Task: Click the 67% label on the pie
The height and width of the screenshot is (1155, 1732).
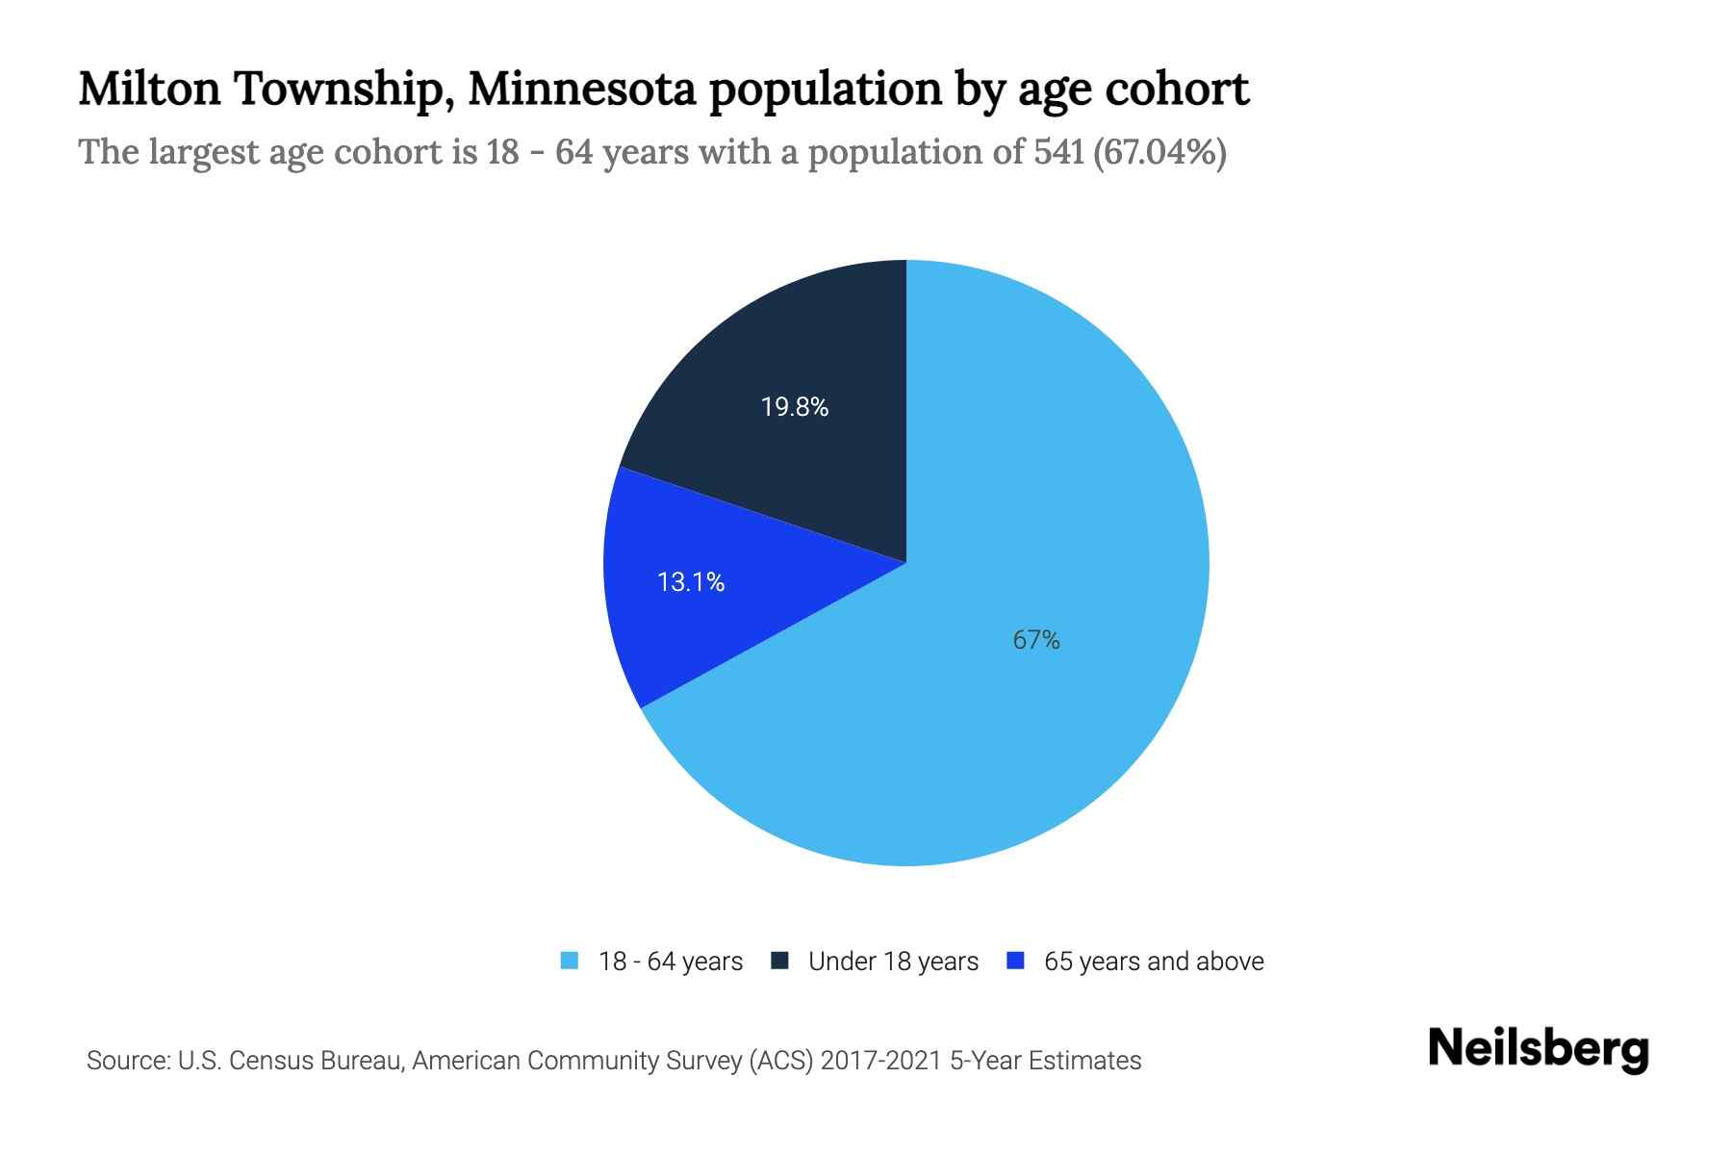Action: pos(1036,640)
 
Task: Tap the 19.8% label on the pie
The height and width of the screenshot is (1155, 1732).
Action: pos(794,407)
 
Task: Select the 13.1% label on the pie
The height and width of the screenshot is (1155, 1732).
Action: pos(690,581)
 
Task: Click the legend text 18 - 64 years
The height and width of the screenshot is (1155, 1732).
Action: pos(671,962)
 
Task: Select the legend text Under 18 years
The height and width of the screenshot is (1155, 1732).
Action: pos(893,962)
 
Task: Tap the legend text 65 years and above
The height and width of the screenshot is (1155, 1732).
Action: pos(1154,962)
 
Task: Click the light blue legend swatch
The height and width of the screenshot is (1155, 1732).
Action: pos(570,961)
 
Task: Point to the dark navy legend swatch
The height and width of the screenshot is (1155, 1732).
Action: pos(780,961)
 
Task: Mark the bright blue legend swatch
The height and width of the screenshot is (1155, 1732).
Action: pos(1015,961)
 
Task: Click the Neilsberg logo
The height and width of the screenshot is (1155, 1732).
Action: pos(1538,1049)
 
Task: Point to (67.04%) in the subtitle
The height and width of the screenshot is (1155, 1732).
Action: pos(1159,152)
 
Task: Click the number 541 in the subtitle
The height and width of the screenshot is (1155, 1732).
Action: pos(1059,152)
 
